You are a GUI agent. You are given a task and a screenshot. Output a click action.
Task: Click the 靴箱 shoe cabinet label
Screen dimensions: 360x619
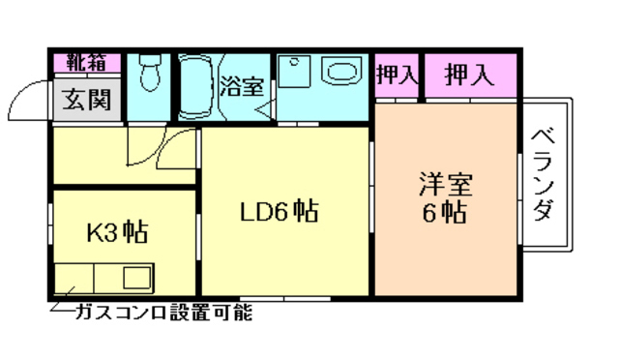(x=86, y=64)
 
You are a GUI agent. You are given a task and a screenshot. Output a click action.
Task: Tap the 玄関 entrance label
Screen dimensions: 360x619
(x=87, y=99)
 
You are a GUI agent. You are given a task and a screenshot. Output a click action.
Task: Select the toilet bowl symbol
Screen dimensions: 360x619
(x=149, y=73)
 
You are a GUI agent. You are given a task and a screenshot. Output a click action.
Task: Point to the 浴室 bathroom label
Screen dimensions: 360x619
(x=242, y=85)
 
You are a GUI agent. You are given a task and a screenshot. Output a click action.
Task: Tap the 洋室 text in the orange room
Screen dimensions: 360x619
(x=444, y=183)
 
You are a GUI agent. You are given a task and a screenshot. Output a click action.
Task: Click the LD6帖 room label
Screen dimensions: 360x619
(x=280, y=209)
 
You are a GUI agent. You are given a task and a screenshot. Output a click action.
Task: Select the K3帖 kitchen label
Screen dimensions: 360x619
(x=117, y=233)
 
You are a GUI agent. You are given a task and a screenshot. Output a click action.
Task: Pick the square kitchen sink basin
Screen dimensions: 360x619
(x=74, y=280)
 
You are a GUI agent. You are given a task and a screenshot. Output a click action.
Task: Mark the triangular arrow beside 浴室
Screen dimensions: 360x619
(x=263, y=109)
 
